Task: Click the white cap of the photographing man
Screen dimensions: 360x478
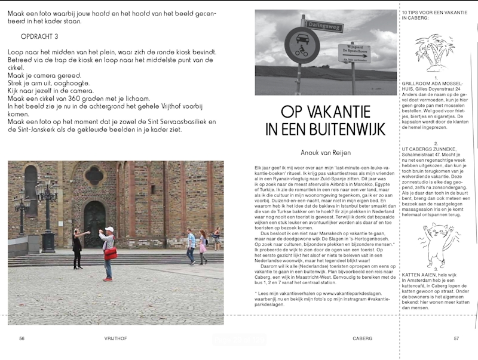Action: pos(109,229)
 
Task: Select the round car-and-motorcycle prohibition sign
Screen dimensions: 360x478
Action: pos(302,45)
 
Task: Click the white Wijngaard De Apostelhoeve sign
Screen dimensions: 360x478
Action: pos(354,53)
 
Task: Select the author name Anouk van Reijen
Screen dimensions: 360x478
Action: pos(325,152)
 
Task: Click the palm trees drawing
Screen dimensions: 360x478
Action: pos(435,51)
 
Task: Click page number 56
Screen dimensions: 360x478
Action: pos(22,338)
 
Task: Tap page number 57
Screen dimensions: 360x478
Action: pos(456,338)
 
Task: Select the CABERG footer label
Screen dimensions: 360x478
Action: pos(362,338)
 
